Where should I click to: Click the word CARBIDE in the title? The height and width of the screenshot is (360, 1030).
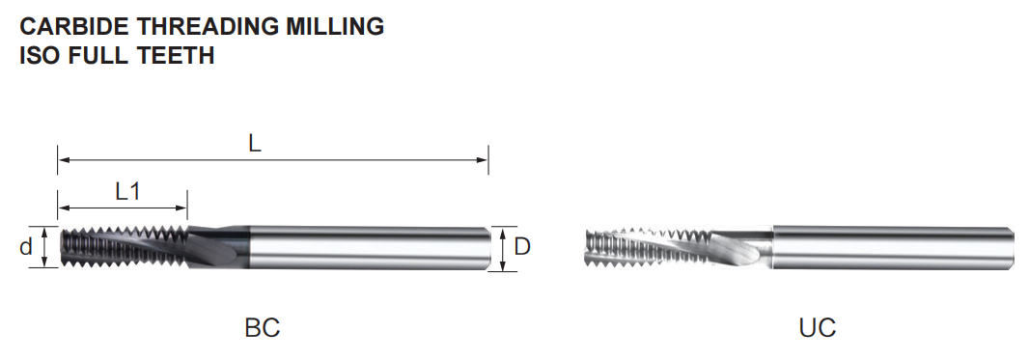point(75,26)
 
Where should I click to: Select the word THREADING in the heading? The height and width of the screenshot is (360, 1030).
point(208,26)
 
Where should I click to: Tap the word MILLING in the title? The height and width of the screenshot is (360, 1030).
point(335,26)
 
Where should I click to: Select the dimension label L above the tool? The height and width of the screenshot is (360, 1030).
point(254,143)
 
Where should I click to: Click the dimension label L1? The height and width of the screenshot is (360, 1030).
point(128,191)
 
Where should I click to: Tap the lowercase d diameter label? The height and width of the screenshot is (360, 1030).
point(26,247)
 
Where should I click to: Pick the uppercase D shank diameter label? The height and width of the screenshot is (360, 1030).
point(522,247)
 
